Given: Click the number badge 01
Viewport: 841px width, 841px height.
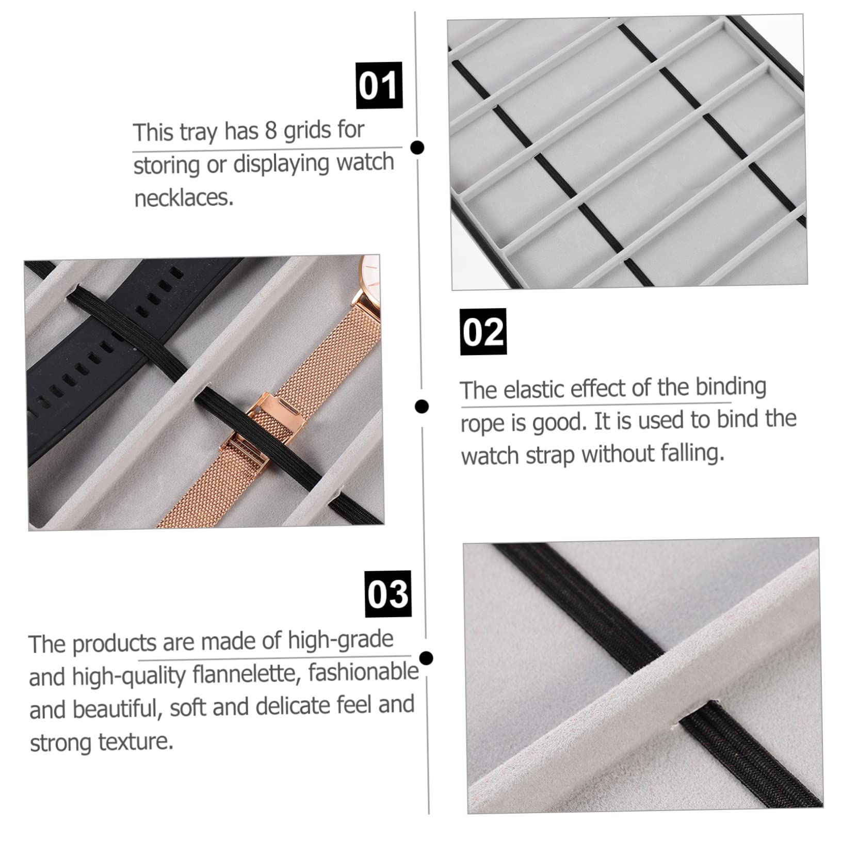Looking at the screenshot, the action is [x=379, y=86].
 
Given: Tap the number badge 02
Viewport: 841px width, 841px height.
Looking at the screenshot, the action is [x=483, y=332].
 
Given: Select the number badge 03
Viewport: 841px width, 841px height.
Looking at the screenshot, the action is [x=389, y=594].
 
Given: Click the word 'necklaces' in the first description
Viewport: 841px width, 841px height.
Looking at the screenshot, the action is [x=184, y=198].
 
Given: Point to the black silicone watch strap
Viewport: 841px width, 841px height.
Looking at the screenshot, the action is [x=119, y=341].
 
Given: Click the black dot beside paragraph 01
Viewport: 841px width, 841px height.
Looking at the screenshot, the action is [x=417, y=148].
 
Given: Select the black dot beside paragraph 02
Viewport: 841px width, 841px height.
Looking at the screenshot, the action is [x=422, y=406].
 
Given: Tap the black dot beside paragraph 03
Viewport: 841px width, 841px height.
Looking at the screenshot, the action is [x=426, y=658].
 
